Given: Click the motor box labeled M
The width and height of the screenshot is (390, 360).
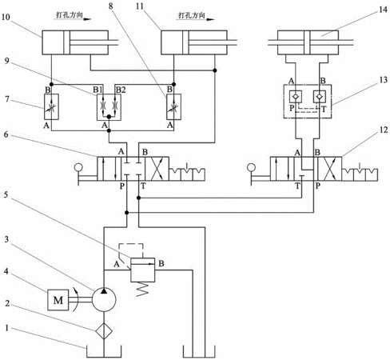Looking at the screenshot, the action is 58,300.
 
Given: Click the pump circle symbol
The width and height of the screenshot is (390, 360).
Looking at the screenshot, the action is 104,299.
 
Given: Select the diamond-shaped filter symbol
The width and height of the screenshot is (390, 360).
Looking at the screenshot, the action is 104,330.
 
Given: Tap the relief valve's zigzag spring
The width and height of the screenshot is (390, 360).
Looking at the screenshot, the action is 142,289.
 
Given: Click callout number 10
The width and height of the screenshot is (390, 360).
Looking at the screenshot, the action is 6,17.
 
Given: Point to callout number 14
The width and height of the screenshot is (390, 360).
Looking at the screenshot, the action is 383,10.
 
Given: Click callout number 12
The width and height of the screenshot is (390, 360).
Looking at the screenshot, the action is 383,130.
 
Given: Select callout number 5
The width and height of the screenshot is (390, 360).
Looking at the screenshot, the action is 6,195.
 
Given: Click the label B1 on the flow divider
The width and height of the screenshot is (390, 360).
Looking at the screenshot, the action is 97,90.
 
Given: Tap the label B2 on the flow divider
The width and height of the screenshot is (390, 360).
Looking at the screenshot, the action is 121,90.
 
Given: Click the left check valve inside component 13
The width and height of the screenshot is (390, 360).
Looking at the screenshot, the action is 296,97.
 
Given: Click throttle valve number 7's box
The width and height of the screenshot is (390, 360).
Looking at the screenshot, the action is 51,106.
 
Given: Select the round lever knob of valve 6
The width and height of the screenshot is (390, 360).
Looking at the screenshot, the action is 78,167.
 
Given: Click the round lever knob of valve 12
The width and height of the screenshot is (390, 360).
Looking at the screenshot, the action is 251,167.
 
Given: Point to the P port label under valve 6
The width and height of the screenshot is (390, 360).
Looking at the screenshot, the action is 122,186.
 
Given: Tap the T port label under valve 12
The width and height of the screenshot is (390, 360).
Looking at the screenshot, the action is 297,186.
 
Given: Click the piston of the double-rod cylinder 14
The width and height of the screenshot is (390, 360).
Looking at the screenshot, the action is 308,42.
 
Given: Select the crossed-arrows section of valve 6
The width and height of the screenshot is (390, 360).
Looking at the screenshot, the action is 157,169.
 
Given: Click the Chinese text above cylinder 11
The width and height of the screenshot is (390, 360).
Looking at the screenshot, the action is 192,15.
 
